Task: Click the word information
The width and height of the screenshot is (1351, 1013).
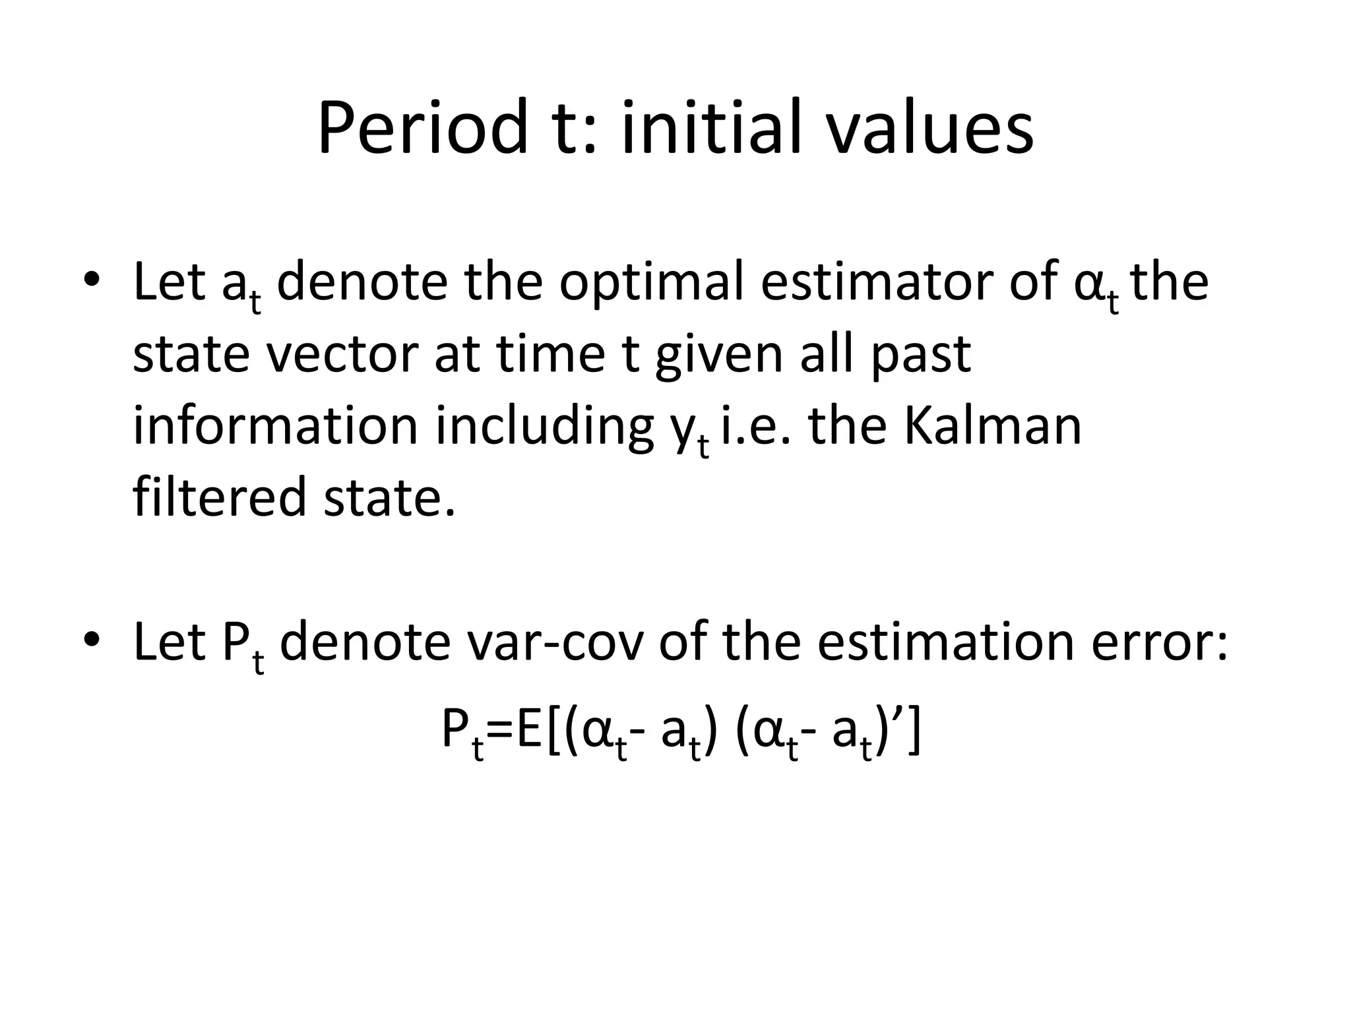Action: [x=276, y=425]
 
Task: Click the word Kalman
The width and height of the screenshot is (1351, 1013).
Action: [x=991, y=425]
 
